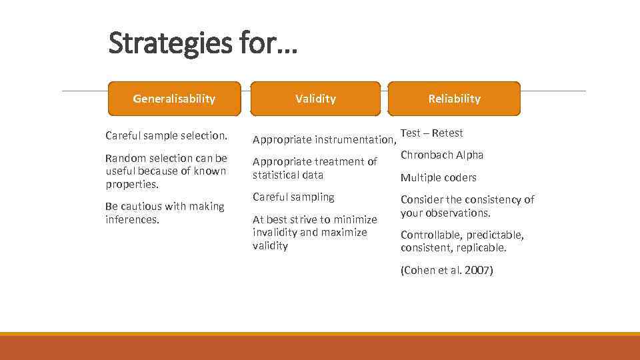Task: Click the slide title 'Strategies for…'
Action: point(203,44)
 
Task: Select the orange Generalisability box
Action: point(174,99)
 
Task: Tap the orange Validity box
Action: point(315,99)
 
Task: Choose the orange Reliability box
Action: point(454,99)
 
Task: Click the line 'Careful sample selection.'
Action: point(166,135)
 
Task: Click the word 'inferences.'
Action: point(133,219)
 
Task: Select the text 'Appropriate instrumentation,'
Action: point(324,139)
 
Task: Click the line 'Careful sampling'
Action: point(293,197)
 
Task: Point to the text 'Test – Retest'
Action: point(431,133)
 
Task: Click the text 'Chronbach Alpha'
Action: point(442,155)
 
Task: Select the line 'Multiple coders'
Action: point(438,177)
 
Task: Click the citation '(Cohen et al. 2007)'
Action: point(446,271)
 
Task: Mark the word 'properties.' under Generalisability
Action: point(132,184)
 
